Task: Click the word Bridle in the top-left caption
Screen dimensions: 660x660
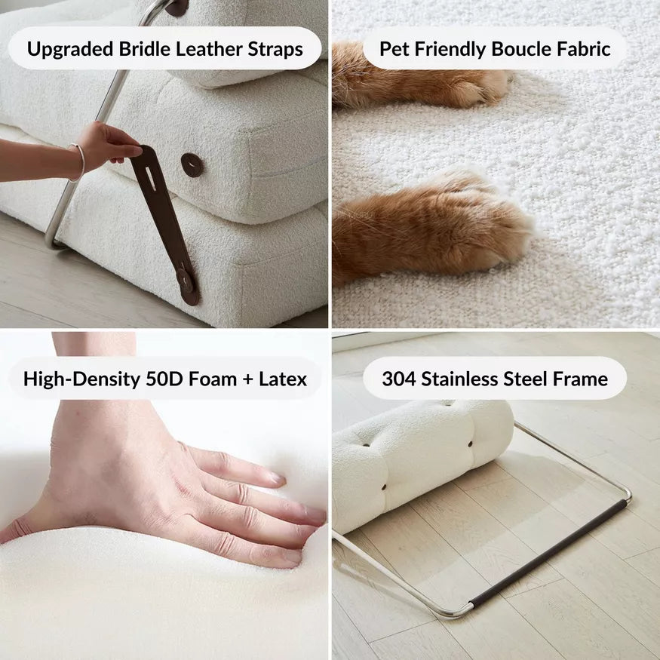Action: pos(145,50)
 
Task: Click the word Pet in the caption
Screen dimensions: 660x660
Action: pos(394,50)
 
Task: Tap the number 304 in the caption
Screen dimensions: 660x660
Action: pos(398,378)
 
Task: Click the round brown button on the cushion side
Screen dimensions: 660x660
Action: pos(192,164)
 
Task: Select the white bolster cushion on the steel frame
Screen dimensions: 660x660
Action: pos(422,460)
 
